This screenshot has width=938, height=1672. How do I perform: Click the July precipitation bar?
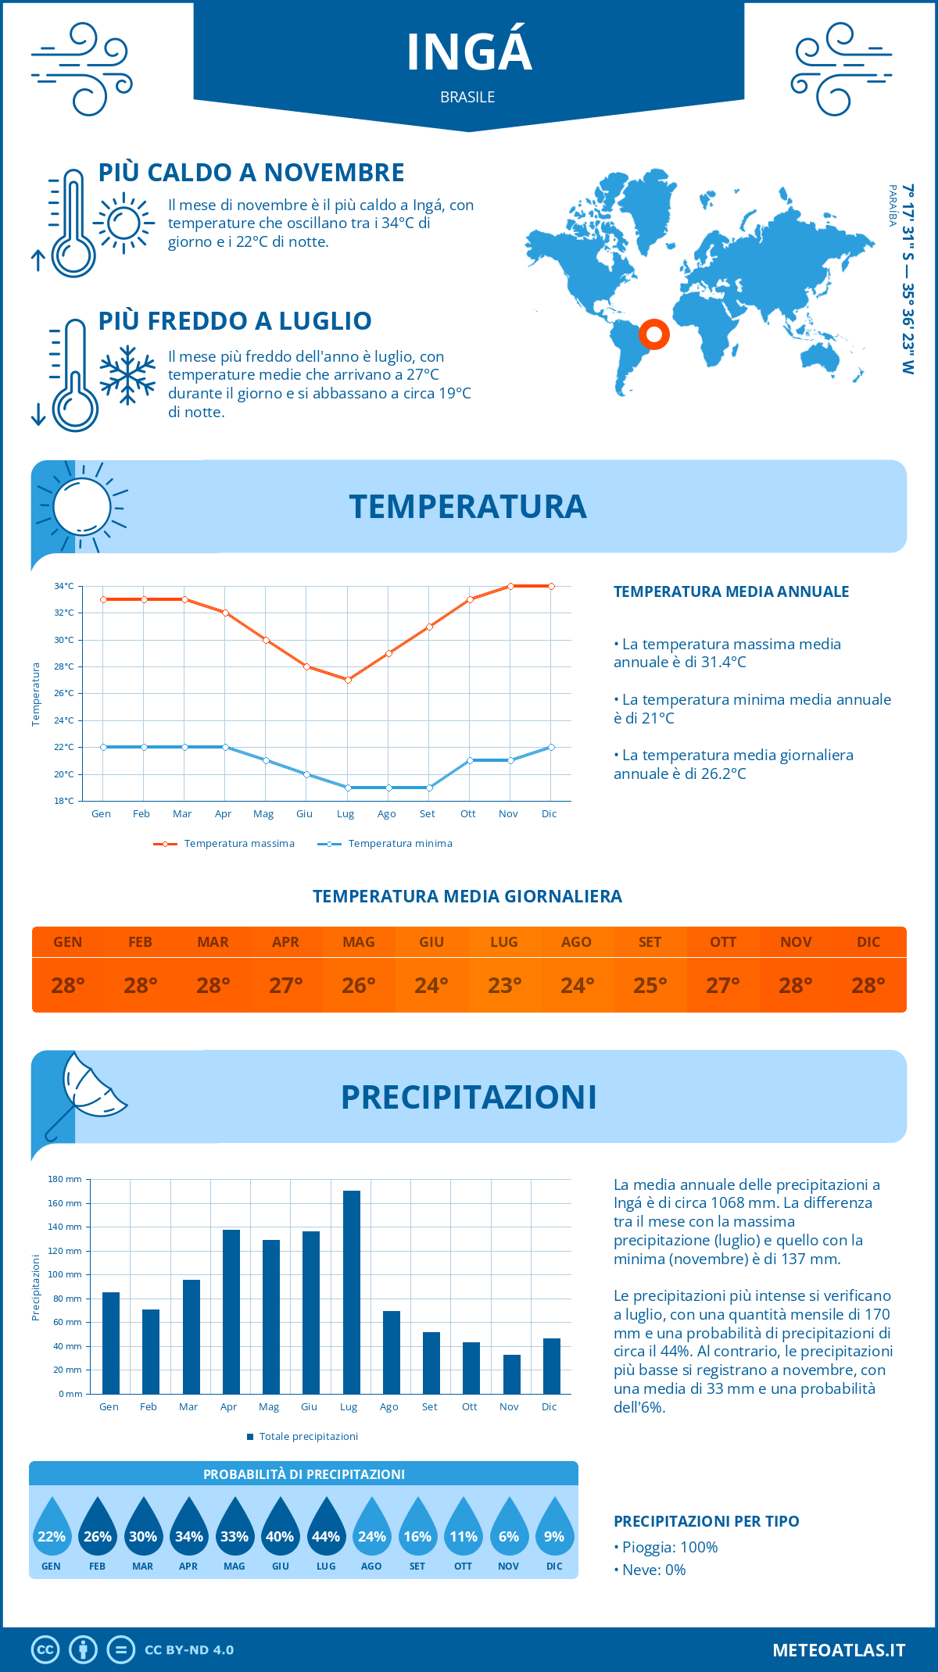click(x=352, y=1292)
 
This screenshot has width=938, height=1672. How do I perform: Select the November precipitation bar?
click(x=511, y=1374)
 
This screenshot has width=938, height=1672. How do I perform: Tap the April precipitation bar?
click(x=231, y=1312)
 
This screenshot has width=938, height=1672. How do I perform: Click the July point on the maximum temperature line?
click(x=348, y=680)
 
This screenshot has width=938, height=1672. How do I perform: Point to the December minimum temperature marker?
click(x=551, y=747)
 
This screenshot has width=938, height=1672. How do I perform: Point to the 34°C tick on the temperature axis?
click(x=64, y=586)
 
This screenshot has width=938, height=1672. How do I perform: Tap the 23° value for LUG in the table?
click(x=504, y=985)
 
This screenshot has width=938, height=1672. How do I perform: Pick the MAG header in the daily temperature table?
click(x=359, y=942)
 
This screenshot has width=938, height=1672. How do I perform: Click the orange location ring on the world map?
click(x=654, y=334)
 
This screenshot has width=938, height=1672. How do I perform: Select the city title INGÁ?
click(x=469, y=52)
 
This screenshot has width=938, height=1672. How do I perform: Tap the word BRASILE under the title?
click(x=467, y=98)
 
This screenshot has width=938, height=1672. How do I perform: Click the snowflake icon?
click(x=127, y=375)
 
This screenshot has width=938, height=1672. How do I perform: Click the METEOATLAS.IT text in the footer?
click(x=839, y=1650)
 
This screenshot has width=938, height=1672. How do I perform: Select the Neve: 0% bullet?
click(x=650, y=1570)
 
